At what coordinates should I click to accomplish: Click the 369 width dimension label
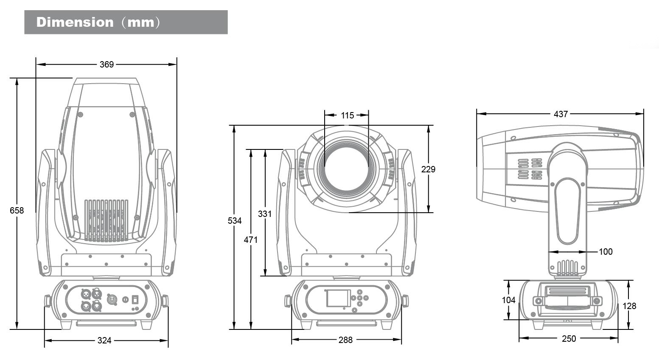pos(107,65)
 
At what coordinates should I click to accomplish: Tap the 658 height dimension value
pos(17,210)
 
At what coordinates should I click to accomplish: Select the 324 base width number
pos(104,340)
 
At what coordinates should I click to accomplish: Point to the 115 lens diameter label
pos(347,115)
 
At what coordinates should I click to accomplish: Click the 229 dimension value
pos(428,169)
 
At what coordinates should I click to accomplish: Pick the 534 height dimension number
pos(235,221)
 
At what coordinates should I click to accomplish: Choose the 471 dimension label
pos(251,240)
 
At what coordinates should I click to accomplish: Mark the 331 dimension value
pos(265,214)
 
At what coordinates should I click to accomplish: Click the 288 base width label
pos(345,340)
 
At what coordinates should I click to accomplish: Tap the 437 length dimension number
pos(561,114)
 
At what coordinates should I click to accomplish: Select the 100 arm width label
pos(606,252)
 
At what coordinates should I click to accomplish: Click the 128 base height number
pos(629,306)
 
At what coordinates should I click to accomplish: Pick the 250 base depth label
pos(569,339)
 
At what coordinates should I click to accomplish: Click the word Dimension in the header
pos(75,22)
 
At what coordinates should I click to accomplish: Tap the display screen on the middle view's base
pos(338,298)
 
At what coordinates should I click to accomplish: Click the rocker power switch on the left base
pos(135,299)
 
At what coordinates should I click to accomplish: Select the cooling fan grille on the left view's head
pos(106,221)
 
